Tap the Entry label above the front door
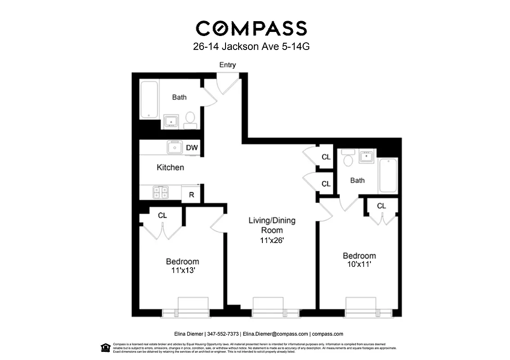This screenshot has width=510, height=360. (x=227, y=65)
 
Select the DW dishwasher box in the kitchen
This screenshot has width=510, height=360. (x=192, y=147)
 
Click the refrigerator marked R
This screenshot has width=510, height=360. (x=191, y=195)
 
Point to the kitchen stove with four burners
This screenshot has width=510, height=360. (x=161, y=193)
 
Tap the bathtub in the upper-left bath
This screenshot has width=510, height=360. (x=149, y=99)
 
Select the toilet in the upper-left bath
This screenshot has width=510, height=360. (x=190, y=119)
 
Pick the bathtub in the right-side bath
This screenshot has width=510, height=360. (x=388, y=175)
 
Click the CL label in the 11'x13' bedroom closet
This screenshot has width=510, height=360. (x=162, y=216)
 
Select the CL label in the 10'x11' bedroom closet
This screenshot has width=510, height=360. (x=381, y=206)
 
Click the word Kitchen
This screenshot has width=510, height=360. (x=170, y=167)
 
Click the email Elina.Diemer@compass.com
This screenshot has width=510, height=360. (x=275, y=334)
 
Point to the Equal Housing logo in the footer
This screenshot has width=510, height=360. (x=105, y=347)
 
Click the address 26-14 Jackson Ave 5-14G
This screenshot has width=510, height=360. (x=251, y=46)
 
